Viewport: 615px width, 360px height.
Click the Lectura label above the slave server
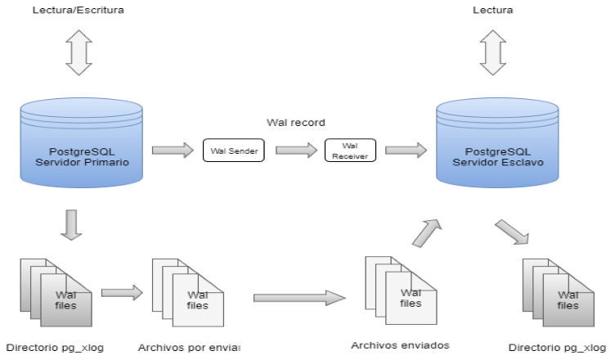(x=494, y=11)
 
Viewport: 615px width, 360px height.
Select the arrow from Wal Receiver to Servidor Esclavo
(x=405, y=150)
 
